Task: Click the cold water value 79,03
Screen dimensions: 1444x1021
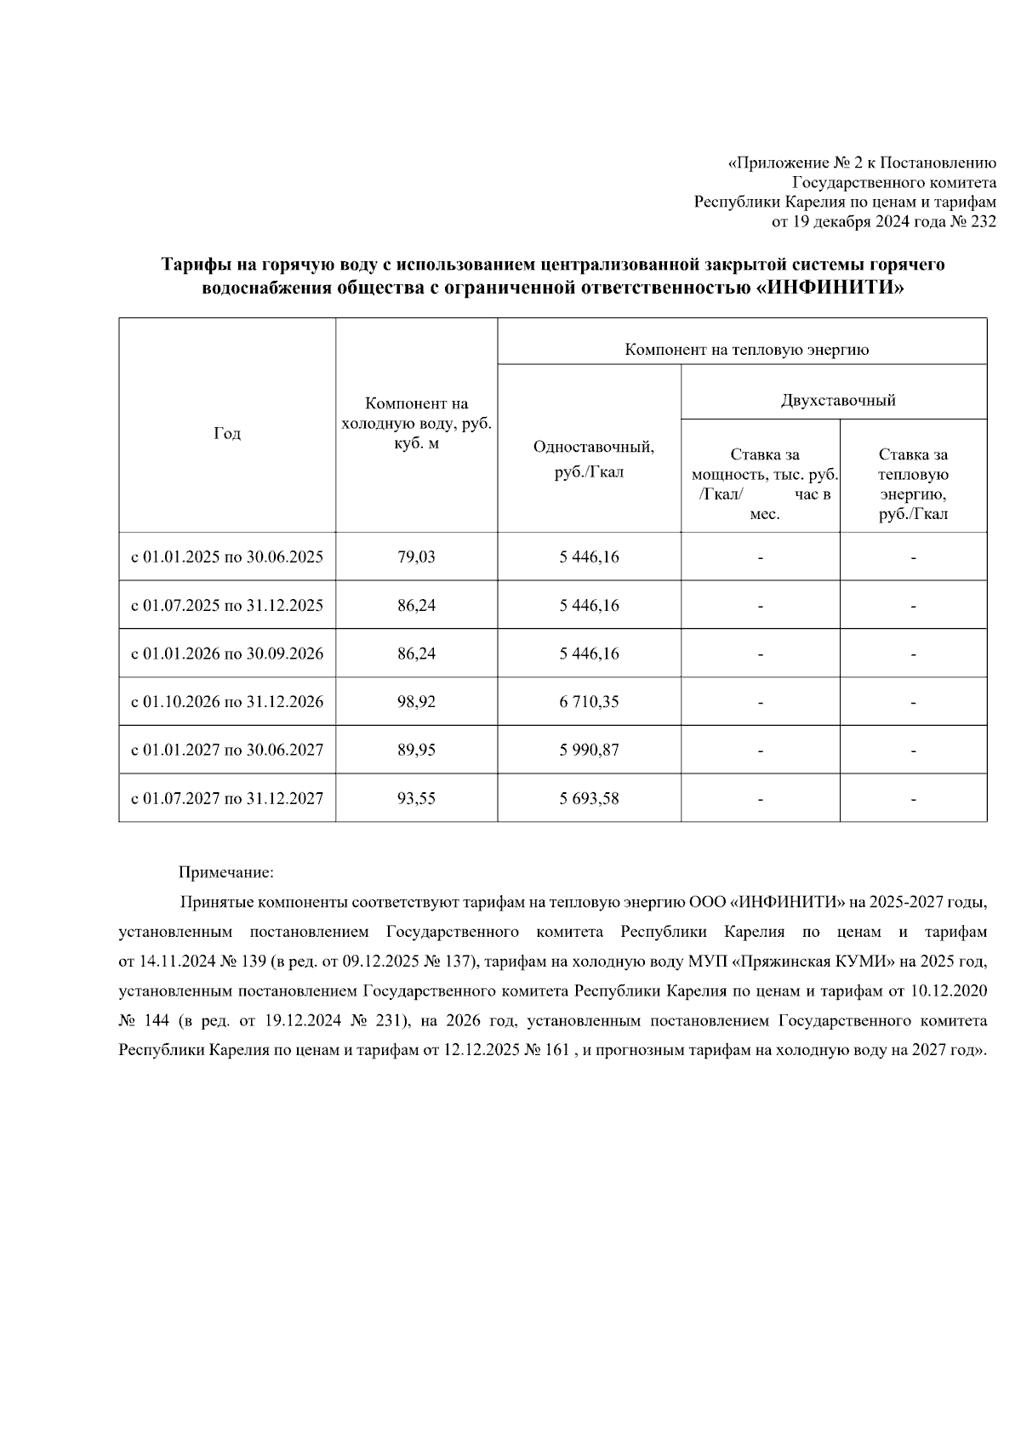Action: (x=416, y=557)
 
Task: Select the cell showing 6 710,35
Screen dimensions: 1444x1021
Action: (x=589, y=702)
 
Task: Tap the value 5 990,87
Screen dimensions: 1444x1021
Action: (x=589, y=750)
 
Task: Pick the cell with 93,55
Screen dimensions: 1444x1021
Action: (x=416, y=798)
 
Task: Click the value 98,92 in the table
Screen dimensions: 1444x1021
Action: (x=416, y=702)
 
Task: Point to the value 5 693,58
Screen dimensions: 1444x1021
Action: (x=589, y=798)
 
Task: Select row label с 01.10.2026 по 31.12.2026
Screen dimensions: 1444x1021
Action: (x=226, y=702)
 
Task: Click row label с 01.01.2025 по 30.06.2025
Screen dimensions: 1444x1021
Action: (x=226, y=557)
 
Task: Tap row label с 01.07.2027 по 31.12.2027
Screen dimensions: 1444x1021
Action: (x=226, y=798)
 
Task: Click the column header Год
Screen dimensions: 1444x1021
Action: (x=226, y=434)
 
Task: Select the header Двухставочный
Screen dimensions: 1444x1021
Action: (x=837, y=400)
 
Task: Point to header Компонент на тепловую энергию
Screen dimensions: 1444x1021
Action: (x=746, y=350)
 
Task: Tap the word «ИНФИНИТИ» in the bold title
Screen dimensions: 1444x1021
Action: (x=830, y=288)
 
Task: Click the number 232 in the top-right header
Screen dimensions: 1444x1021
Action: (x=982, y=223)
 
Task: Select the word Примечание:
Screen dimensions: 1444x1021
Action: (x=226, y=872)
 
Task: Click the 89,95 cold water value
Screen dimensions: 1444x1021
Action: (x=416, y=750)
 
